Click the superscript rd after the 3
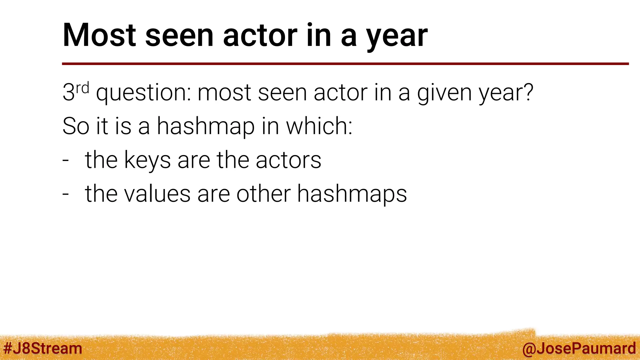83,88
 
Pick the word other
263,194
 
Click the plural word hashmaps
352,194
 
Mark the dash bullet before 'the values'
66,194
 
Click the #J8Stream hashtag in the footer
43,348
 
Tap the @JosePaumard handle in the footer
579,349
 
